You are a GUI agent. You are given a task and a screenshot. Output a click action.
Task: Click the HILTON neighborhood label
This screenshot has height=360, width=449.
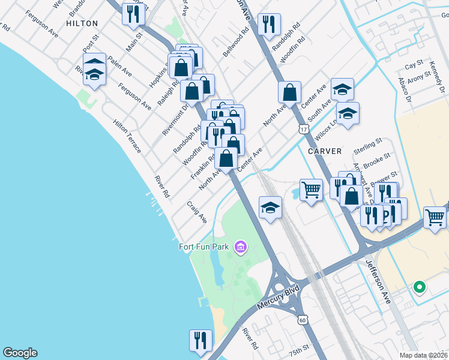coord(82,23)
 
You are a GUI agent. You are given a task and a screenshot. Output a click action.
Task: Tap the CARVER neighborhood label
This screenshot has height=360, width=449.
coord(325,151)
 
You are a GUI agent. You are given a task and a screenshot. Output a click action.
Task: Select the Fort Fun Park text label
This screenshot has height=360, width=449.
coord(206,246)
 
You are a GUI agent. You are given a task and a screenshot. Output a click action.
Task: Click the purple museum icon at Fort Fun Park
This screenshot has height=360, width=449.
coord(241,247)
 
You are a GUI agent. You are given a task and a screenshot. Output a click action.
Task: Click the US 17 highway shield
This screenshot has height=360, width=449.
coord(303,130)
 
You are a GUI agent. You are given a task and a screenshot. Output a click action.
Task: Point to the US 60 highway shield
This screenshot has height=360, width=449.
coord(303,321)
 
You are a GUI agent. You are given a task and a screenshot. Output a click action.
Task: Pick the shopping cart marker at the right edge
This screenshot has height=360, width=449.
coord(435,217)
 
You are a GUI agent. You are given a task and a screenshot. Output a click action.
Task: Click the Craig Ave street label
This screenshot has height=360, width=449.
coord(196,212)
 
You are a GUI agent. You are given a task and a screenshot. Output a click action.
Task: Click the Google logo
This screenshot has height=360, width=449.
coord(19,353)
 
